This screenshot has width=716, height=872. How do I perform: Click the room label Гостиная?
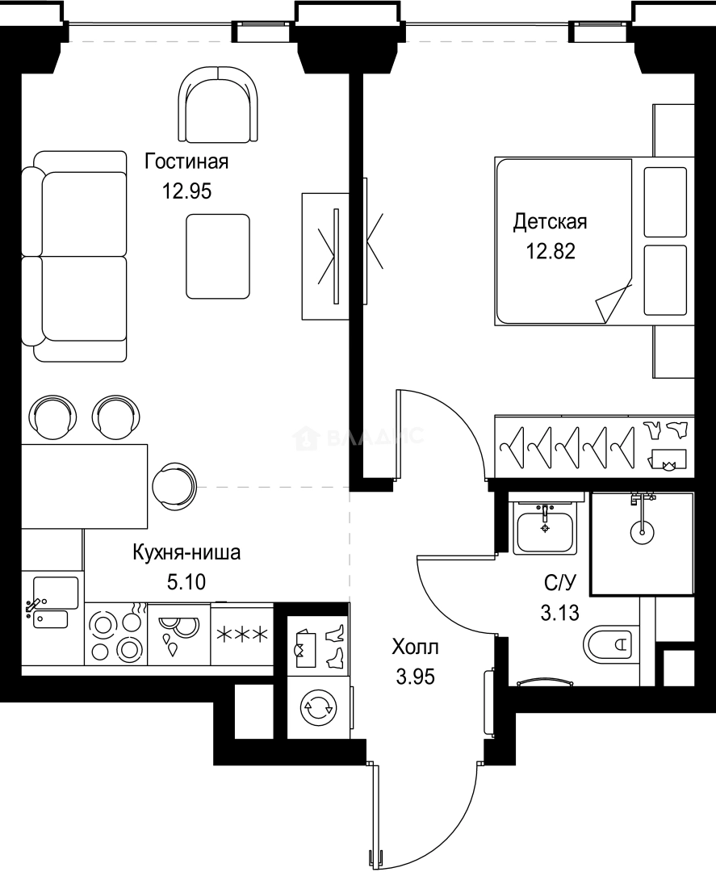pyautogui.click(x=186, y=161)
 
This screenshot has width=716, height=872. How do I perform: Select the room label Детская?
pyautogui.click(x=550, y=221)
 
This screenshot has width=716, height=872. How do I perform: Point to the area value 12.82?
pyautogui.click(x=551, y=250)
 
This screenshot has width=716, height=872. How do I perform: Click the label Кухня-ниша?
pyautogui.click(x=186, y=553)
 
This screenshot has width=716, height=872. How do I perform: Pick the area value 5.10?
pyautogui.click(x=187, y=582)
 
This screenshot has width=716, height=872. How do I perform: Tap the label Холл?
pyautogui.click(x=416, y=648)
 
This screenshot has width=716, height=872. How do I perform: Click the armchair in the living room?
pyautogui.click(x=218, y=103)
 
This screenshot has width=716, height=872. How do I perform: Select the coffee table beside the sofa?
pyautogui.click(x=217, y=256)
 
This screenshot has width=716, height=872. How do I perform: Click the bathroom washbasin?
pyautogui.click(x=544, y=530)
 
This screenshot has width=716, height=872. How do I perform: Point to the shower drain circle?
pyautogui.click(x=643, y=530)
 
